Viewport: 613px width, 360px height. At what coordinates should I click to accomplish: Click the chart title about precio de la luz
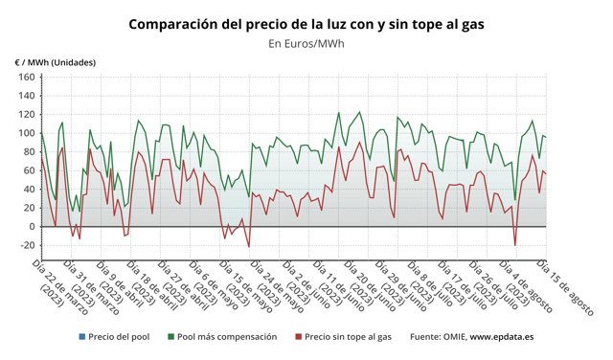coord(306,22)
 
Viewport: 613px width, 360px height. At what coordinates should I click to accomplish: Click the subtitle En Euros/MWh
coord(306,43)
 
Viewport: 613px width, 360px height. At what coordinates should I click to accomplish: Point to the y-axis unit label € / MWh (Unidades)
coord(55,62)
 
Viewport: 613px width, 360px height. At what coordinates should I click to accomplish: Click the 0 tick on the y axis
coord(31,227)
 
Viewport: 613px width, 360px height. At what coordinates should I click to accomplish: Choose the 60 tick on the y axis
coord(28,170)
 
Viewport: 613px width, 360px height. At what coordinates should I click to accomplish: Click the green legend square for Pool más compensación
coord(170,337)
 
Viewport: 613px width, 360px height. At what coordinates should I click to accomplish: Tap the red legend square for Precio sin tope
coord(298,337)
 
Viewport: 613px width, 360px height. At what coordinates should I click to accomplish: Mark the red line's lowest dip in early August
coord(515,245)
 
